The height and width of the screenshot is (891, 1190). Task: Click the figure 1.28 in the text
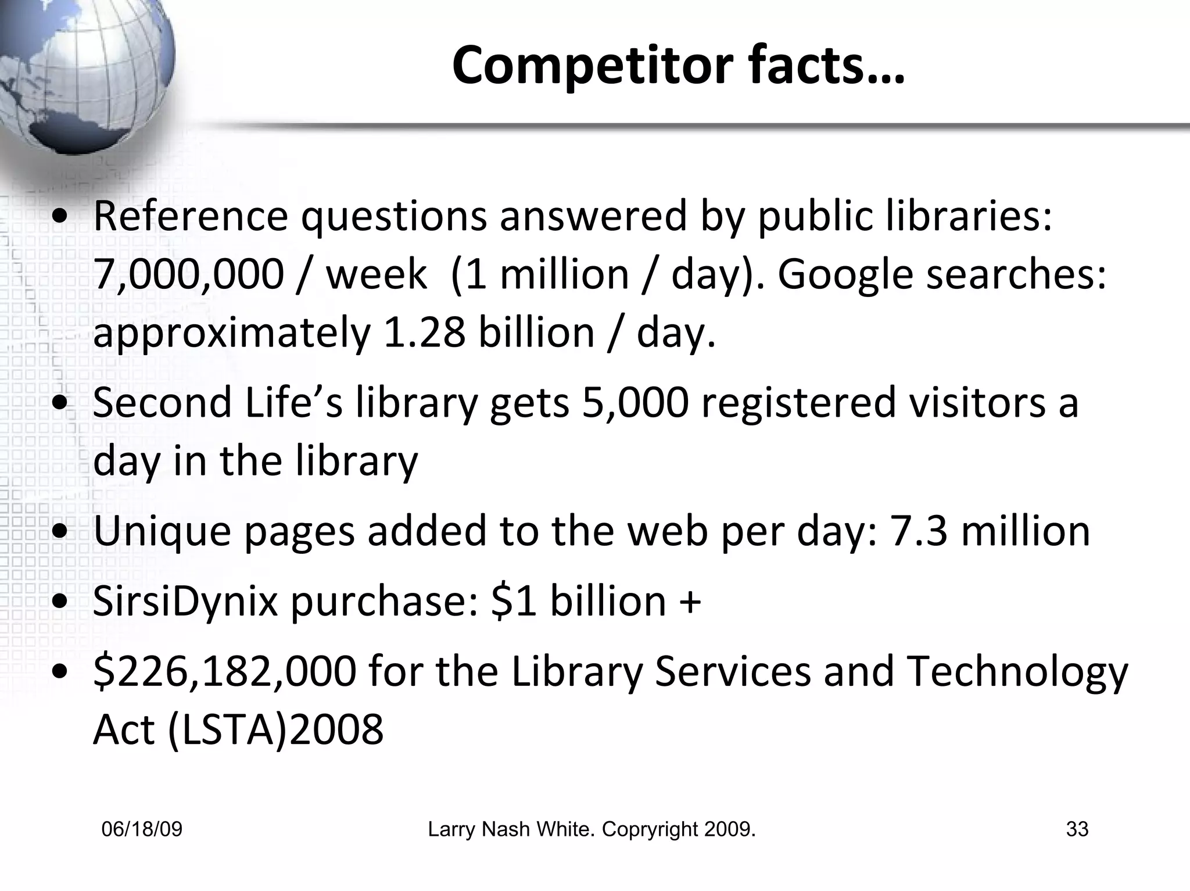(424, 333)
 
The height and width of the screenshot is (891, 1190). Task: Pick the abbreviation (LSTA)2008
(275, 729)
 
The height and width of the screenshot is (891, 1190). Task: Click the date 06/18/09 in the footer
(142, 829)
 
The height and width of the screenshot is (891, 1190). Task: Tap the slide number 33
(1077, 829)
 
